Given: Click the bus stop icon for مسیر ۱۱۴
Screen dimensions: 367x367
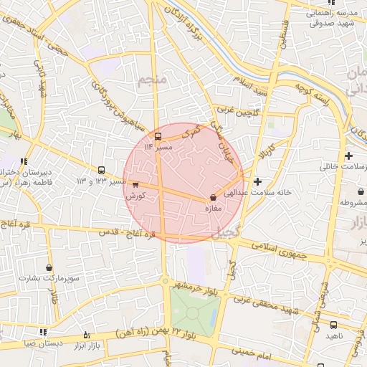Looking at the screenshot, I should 158,136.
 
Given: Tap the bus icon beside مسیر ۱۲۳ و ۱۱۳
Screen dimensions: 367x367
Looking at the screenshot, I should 101,171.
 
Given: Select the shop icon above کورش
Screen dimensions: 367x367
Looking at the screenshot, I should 135,184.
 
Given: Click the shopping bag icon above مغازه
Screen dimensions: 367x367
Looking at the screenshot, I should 213,197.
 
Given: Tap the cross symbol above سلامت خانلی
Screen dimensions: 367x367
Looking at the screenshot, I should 348,156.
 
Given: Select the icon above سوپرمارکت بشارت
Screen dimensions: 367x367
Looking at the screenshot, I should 49,267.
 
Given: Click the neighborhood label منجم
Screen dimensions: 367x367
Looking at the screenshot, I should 153,80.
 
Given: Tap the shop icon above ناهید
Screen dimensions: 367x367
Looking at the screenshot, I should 333,325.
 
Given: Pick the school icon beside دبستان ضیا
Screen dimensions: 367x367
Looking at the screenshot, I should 43,333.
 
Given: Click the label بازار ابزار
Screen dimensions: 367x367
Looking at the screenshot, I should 89,346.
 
